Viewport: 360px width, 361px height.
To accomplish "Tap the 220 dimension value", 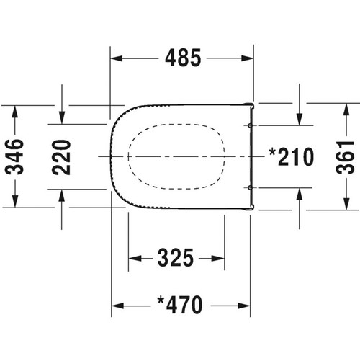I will (x=63, y=156).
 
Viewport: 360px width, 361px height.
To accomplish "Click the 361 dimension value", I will (x=346, y=156).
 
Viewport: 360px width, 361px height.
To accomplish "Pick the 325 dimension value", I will (x=174, y=257).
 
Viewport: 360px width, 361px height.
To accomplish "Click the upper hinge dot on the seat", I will (x=250, y=125).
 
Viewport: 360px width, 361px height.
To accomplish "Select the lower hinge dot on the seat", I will (x=250, y=187).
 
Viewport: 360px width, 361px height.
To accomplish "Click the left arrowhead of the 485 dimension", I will (x=114, y=58).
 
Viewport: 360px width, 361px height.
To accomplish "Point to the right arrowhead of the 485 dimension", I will (x=249, y=58).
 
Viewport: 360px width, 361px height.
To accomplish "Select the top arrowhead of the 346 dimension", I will (x=16, y=109).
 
